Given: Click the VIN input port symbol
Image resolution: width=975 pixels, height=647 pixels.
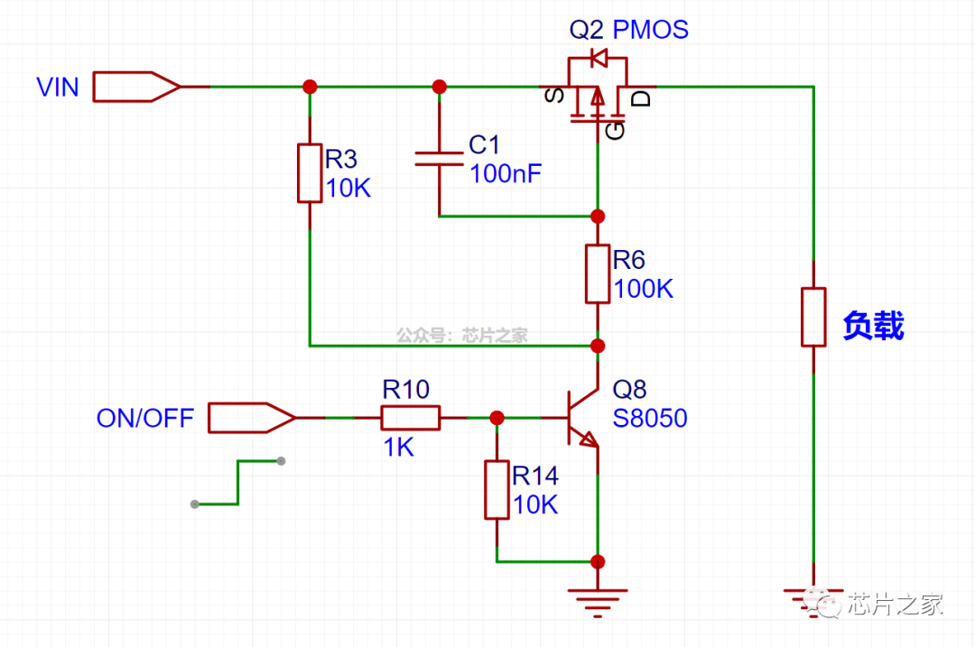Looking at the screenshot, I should coord(135,86).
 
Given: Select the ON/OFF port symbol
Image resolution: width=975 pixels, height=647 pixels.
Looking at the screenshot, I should coord(251,418).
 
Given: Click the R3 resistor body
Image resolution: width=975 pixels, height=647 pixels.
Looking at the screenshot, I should coord(310,172).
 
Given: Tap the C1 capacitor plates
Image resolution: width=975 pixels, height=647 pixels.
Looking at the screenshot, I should coord(440,159).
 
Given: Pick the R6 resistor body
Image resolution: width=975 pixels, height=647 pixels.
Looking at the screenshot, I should coord(597,273).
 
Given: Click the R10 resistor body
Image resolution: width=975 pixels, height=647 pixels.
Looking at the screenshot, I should coord(410,418).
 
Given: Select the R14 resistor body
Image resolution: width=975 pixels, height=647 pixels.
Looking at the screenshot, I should coord(497,490).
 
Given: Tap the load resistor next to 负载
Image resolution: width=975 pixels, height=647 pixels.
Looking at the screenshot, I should coord(813,317).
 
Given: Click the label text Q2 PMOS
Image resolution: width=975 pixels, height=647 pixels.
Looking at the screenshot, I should coord(628,30).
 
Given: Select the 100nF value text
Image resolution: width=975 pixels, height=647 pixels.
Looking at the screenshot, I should coord(506,174).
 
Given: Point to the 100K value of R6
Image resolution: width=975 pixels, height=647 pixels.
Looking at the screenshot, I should coord(643,290).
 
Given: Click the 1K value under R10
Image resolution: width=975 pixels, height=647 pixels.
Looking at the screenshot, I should coord(397,447).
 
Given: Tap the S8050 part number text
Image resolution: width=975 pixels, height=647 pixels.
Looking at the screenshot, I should coord(650,419).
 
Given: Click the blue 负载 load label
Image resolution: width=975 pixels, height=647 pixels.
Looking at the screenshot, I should coord(873,325).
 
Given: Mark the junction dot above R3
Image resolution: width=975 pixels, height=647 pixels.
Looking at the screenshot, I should coord(310,87).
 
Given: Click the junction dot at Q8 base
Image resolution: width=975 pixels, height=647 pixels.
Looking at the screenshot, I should coord(497,418).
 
